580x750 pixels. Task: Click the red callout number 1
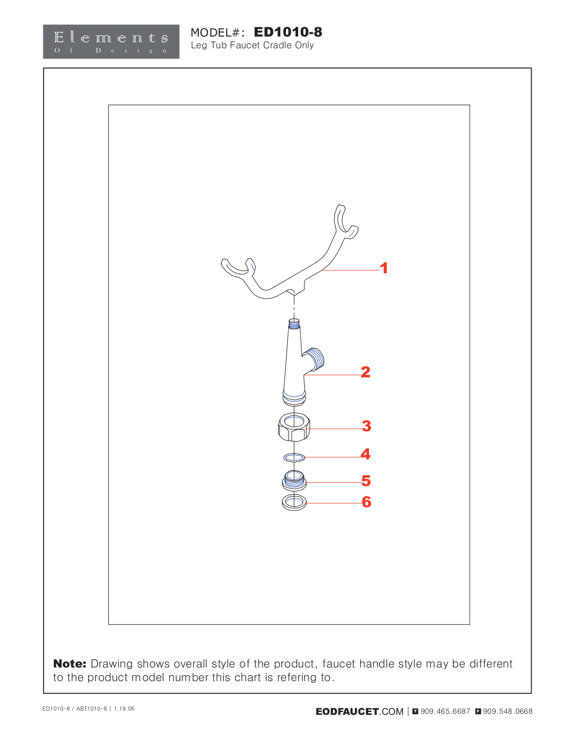(384, 268)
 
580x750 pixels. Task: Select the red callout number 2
(366, 372)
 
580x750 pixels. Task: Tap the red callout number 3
(367, 426)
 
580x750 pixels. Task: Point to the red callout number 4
(366, 454)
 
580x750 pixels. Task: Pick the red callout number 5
(366, 481)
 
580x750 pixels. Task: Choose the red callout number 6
(367, 502)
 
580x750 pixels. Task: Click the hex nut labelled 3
(294, 427)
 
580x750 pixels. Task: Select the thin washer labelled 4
(294, 457)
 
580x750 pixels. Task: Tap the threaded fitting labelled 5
(294, 481)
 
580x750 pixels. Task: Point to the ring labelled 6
(294, 502)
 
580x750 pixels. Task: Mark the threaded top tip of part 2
(294, 323)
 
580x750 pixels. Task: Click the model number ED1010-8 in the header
(288, 32)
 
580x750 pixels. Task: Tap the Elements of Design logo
(111, 41)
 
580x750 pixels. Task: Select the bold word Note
(70, 664)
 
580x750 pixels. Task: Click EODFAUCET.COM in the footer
(359, 712)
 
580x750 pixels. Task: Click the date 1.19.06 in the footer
(124, 709)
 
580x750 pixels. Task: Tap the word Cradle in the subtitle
(278, 45)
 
